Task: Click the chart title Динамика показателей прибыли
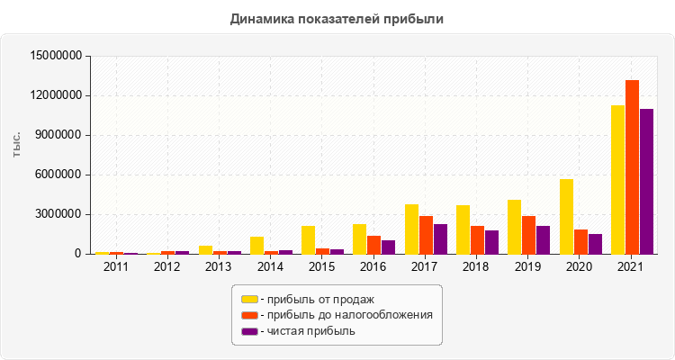(x=337, y=19)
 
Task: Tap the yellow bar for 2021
(x=617, y=180)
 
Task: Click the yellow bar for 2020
(x=566, y=217)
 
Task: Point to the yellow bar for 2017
(x=411, y=229)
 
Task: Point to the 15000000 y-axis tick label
(x=57, y=56)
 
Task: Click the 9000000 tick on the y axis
(x=60, y=135)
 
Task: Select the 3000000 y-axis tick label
(x=60, y=214)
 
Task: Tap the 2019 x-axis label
(x=528, y=266)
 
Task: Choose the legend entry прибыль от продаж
(x=316, y=299)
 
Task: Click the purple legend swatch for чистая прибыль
(x=249, y=331)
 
